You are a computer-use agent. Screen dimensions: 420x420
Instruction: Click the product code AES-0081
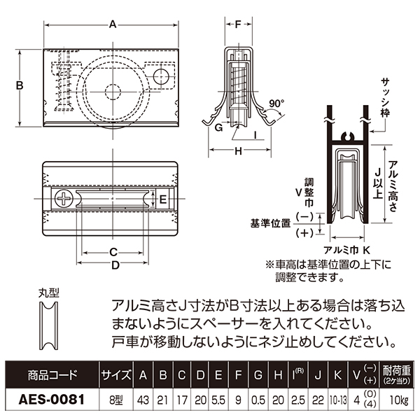tap(47, 401)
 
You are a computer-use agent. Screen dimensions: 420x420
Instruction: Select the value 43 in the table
tap(143, 401)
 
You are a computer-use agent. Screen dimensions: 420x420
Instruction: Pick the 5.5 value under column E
tap(217, 401)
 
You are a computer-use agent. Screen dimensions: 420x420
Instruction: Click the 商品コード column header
tap(47, 374)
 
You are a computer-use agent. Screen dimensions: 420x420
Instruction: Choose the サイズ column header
tap(113, 374)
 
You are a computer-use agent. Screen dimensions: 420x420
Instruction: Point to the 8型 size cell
tap(113, 401)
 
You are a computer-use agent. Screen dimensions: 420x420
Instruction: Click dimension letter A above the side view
tap(113, 24)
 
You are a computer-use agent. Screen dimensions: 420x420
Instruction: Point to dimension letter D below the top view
tap(115, 265)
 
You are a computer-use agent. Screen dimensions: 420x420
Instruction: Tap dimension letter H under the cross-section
tap(237, 150)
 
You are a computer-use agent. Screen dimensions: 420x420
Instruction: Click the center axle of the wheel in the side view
tap(112, 90)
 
